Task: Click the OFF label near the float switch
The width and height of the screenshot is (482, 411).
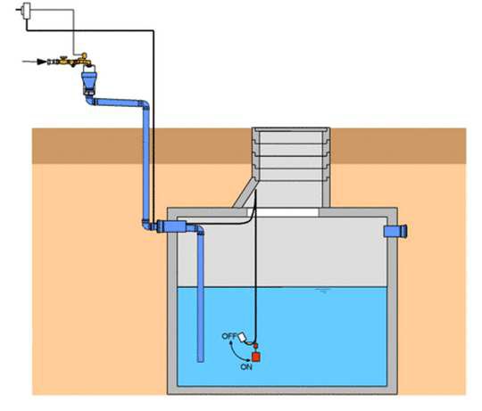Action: [x=229, y=336]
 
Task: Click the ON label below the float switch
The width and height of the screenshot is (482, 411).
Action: [x=246, y=366]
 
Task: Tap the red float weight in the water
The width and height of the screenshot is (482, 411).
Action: [x=256, y=357]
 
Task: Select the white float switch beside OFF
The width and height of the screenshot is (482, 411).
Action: [x=242, y=336]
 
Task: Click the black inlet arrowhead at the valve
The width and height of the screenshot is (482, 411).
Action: [x=42, y=62]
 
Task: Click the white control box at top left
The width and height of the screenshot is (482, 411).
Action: [x=27, y=11]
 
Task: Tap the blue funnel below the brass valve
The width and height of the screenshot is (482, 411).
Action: [x=89, y=82]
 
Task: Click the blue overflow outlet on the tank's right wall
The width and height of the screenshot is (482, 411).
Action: [x=395, y=231]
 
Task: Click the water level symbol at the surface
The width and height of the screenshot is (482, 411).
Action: [x=323, y=291]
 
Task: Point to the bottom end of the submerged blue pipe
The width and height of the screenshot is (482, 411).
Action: [x=201, y=361]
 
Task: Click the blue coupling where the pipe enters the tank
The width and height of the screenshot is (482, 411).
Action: [x=171, y=226]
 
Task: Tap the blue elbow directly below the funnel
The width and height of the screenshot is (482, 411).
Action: [x=90, y=100]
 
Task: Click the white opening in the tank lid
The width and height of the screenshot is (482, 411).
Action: [x=283, y=212]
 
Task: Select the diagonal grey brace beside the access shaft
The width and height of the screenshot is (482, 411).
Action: [x=245, y=193]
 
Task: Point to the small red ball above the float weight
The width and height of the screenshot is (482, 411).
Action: [x=255, y=346]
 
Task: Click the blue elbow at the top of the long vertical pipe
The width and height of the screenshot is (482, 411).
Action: [x=145, y=105]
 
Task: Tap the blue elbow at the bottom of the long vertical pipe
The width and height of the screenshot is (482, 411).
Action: [x=147, y=225]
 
